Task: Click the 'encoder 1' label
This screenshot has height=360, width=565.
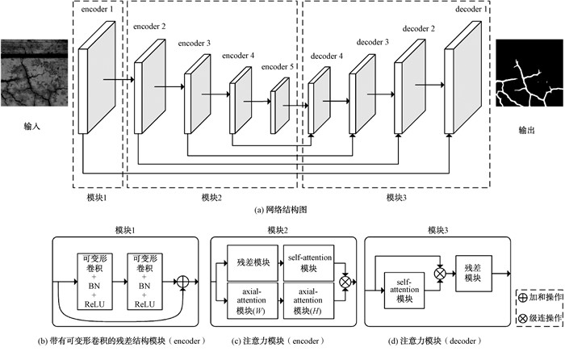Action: click(x=97, y=10)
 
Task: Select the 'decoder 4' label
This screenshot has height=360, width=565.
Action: click(x=326, y=57)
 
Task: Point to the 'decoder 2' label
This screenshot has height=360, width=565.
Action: click(x=418, y=28)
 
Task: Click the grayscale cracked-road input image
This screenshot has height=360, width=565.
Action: click(x=34, y=73)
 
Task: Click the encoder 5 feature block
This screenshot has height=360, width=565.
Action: click(x=280, y=106)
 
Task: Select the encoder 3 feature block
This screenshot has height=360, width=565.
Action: click(x=198, y=94)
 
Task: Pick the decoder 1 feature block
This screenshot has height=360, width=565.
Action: click(x=462, y=77)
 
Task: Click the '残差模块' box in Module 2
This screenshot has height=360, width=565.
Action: click(x=253, y=262)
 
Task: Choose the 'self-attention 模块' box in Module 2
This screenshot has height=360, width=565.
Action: click(x=309, y=262)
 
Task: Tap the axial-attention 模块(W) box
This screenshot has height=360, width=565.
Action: click(x=253, y=300)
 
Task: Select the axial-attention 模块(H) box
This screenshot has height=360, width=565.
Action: click(x=309, y=300)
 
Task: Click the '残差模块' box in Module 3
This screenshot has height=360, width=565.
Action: click(x=474, y=274)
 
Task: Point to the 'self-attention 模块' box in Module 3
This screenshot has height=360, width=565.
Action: click(x=404, y=291)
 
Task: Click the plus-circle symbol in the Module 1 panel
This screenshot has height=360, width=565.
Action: click(x=183, y=282)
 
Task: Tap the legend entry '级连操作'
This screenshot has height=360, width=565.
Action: click(x=540, y=318)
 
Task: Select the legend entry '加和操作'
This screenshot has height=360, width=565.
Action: click(x=540, y=297)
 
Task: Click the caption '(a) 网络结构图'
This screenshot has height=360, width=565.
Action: click(x=281, y=210)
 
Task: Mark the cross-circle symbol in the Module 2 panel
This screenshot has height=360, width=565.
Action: click(x=345, y=282)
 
